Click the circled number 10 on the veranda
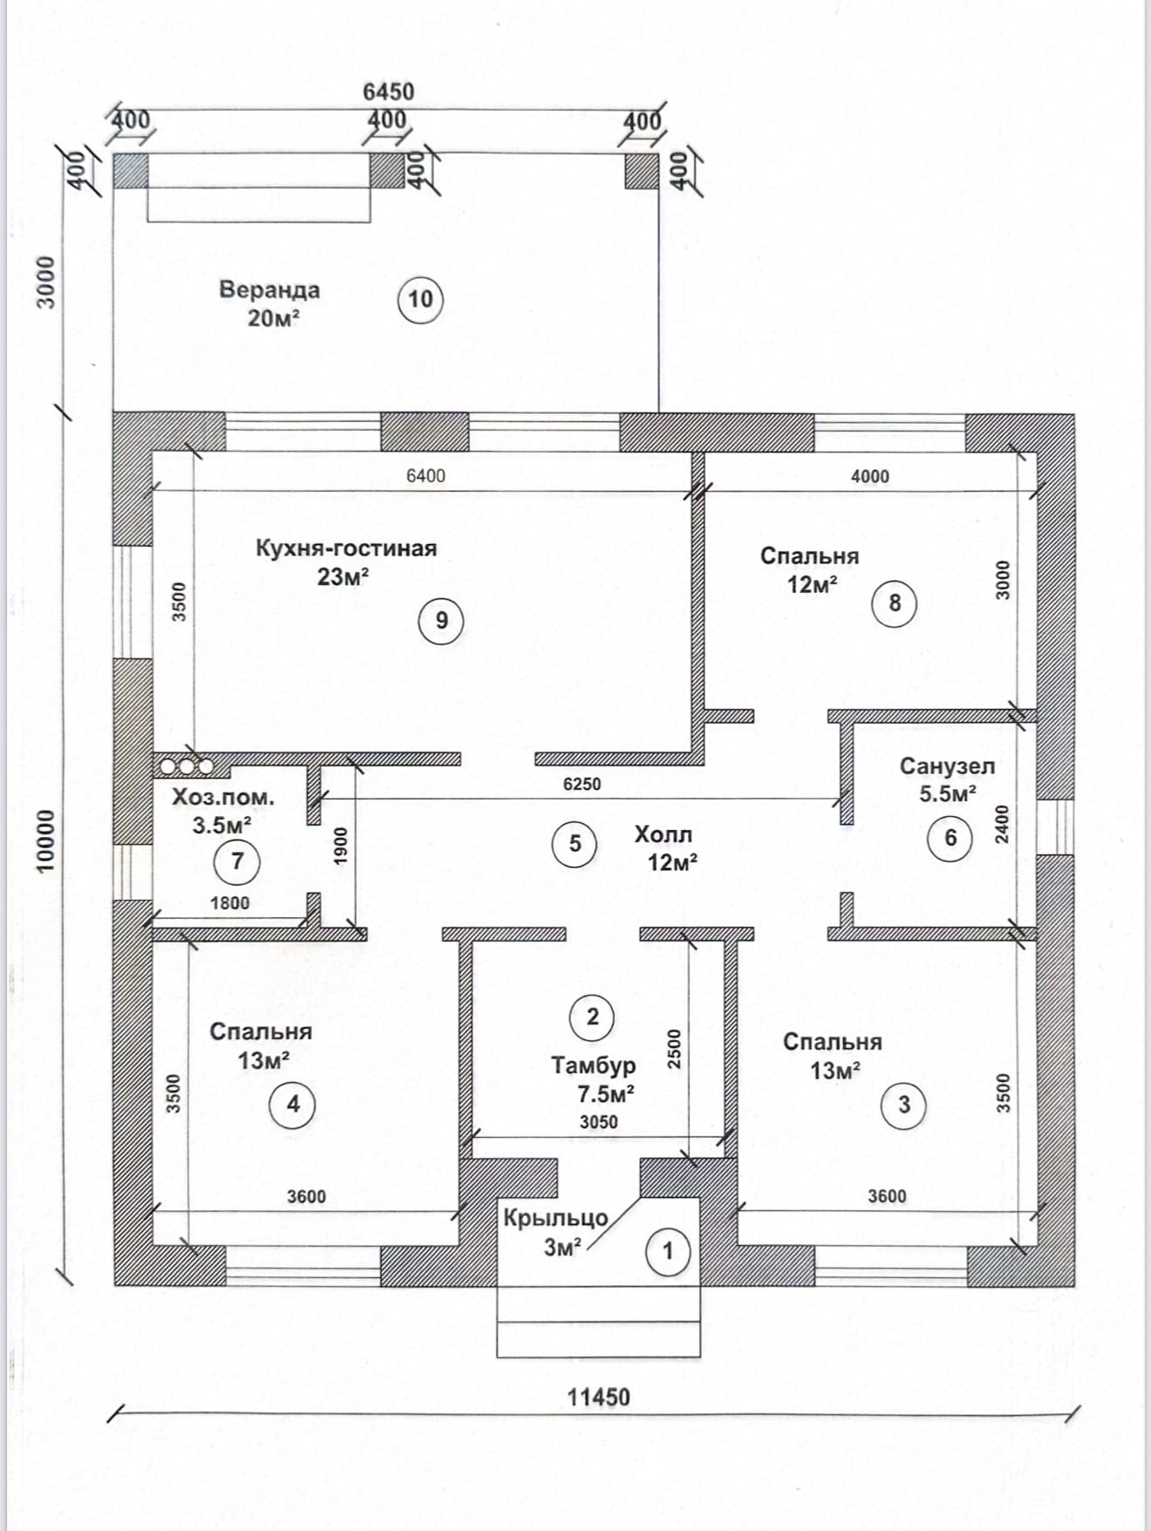point(420,299)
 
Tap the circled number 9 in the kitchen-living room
point(441,620)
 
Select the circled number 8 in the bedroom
point(895,602)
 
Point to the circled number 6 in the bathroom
point(950,837)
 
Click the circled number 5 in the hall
point(575,843)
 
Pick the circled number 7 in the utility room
point(237,861)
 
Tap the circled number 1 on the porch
point(668,1251)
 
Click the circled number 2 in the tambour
point(593,1017)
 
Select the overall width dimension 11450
point(598,1397)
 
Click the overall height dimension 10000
point(44,841)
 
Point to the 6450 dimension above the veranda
point(388,92)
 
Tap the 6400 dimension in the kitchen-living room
point(426,475)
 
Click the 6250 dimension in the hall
point(582,784)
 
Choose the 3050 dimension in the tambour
point(599,1122)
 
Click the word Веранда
point(269,289)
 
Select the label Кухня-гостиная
point(346,548)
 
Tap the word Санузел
point(947,766)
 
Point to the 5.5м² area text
point(948,793)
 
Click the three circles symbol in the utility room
point(187,766)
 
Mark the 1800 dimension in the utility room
point(230,903)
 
